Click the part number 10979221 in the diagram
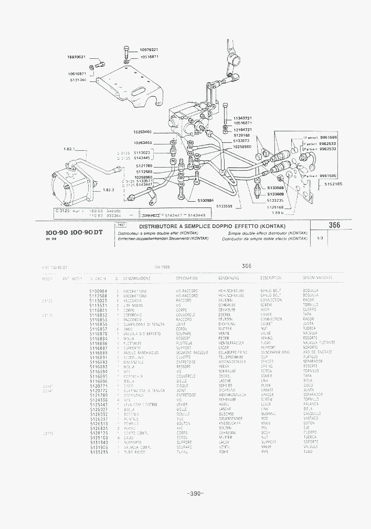tap(149, 50)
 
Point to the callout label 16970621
tap(76, 57)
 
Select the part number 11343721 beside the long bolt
tap(243, 118)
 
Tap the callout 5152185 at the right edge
tap(333, 184)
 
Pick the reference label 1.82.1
tap(70, 149)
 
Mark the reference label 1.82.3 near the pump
tap(109, 190)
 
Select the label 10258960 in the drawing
tap(242, 147)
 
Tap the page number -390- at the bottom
tap(195, 493)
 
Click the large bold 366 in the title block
tap(334, 225)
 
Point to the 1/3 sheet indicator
tap(320, 238)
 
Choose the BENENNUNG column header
tap(228, 277)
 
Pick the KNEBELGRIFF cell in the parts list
tap(228, 423)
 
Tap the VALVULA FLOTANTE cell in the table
tap(319, 343)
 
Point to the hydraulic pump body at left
tap(73, 184)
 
